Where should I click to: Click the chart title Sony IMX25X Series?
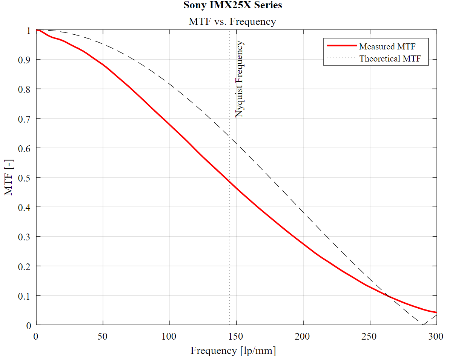232,5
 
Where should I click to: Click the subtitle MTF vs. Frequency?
232,22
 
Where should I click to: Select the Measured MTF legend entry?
387,46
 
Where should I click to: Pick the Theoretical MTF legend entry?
390,58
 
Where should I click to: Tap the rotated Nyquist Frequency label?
240,79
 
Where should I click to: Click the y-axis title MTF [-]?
9,177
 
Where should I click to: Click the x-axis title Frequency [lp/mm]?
233,351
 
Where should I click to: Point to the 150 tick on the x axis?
237,336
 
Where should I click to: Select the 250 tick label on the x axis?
370,336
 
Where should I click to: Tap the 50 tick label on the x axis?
103,336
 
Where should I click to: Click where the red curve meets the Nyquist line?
230,182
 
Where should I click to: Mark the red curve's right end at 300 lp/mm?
436,312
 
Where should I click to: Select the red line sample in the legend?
341,45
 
